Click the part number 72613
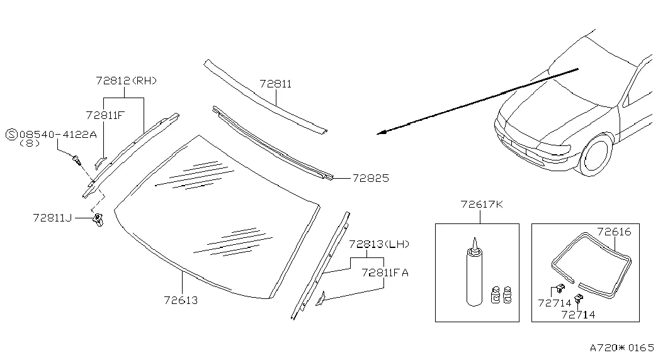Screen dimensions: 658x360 point(181,300)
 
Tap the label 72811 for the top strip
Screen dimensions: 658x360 point(276,84)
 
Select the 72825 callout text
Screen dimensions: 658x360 point(371,178)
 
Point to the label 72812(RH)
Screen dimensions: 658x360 point(127,81)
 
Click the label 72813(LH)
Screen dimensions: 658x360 point(379,244)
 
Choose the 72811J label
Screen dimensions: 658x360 point(52,218)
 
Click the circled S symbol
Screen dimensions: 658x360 point(11,135)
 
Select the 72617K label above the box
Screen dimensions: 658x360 point(482,205)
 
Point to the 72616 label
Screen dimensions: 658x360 point(614,232)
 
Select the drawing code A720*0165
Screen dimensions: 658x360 point(622,348)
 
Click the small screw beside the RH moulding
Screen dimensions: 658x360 point(77,160)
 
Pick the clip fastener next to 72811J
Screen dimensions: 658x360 point(98,220)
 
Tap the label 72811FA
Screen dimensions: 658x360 point(385,273)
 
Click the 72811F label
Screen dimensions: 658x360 point(105,115)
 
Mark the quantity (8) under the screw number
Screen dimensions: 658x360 point(30,143)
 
